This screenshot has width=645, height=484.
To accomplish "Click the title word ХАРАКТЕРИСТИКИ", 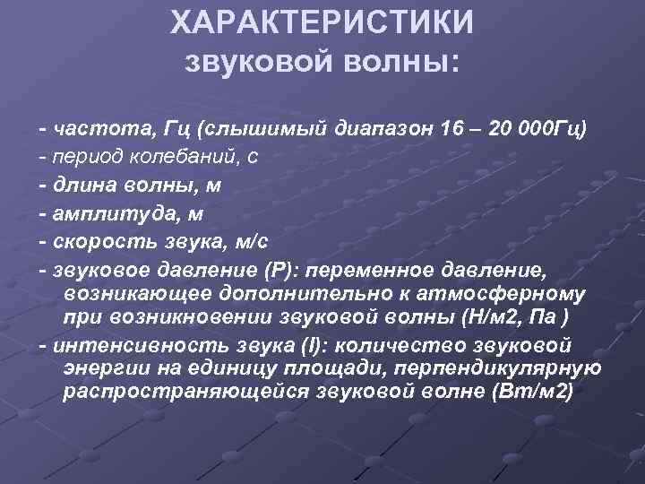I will point(322,24).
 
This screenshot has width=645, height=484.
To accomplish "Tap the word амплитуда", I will point(102,213).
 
